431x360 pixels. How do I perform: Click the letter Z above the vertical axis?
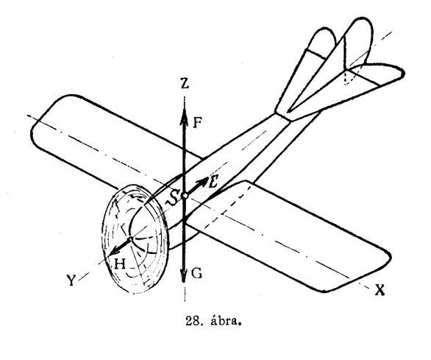pos(185,84)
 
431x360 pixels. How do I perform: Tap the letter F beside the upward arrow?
pos(197,122)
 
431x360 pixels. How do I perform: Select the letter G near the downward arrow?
pos(196,273)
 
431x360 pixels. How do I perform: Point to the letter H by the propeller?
pos(120,264)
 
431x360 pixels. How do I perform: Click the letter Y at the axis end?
pos(71,280)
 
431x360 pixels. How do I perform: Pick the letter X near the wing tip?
pos(380,290)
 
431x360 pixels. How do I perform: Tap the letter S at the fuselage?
pos(173,197)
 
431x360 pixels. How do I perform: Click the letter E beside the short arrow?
pos(213,183)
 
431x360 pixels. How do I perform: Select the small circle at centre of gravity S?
pos(185,196)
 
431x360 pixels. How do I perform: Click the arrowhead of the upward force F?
pos(184,116)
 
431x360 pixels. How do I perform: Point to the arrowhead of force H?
pos(114,251)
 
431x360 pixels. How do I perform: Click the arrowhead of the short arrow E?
pos(204,182)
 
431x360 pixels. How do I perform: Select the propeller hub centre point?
pos(131,239)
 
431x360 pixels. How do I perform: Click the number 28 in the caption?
pos(192,321)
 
